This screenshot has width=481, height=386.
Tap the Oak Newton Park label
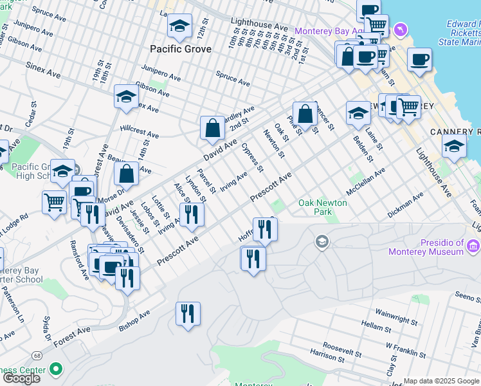tap(322, 208)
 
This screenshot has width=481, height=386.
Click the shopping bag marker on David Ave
tap(212, 129)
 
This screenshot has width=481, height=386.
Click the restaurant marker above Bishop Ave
tap(188, 314)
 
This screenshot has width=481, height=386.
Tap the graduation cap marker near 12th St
tap(179, 26)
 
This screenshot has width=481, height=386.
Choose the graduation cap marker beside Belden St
tap(358, 114)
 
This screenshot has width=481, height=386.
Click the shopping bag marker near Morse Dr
tap(127, 174)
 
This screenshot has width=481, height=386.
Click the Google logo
tap(21, 378)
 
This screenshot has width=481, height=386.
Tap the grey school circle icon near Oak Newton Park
tap(322, 242)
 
